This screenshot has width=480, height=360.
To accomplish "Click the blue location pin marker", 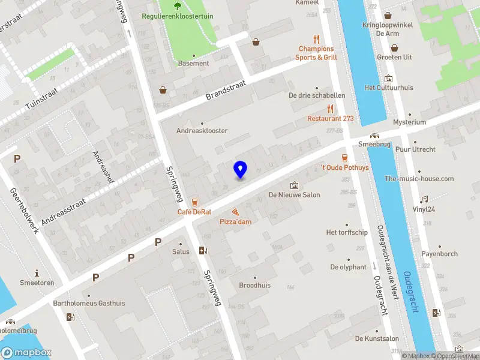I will (x=240, y=170).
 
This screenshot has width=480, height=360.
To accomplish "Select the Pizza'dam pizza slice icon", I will (x=235, y=212).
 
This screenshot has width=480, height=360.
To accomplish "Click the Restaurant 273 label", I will (x=330, y=119).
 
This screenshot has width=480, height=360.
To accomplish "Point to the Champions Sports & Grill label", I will (x=316, y=53).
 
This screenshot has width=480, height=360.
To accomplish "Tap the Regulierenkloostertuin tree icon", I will (x=178, y=7).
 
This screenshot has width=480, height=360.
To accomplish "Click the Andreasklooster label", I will (x=202, y=130).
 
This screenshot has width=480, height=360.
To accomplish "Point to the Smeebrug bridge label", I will (x=374, y=145).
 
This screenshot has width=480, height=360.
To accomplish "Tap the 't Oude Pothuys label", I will (x=344, y=167).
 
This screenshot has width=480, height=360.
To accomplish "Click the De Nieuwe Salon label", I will (x=294, y=194).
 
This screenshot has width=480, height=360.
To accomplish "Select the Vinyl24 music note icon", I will (x=424, y=199).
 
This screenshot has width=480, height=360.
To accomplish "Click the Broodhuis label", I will (x=254, y=285).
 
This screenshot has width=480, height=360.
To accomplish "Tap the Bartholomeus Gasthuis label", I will (x=89, y=303).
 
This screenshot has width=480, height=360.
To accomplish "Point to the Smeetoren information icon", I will (x=37, y=272).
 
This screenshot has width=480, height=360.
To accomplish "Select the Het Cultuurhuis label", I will (x=388, y=88).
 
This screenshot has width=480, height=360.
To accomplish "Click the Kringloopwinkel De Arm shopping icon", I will (x=388, y=16).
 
